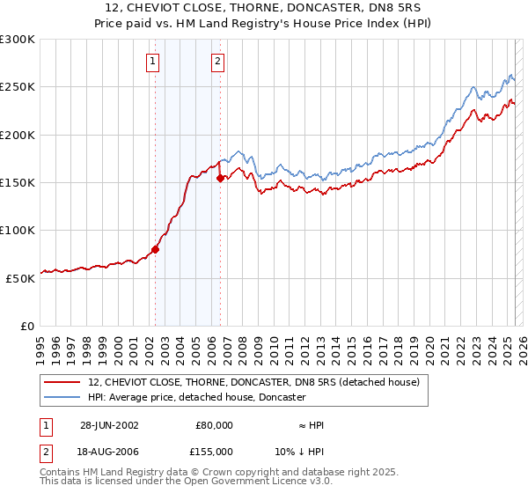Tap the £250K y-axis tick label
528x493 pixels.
coord(18,87)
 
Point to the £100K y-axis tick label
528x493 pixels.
coord(18,230)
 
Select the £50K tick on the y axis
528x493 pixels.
coord(21,277)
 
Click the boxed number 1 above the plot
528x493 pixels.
coord(153,62)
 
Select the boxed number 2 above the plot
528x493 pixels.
coord(216,62)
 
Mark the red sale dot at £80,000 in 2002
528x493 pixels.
coord(156,249)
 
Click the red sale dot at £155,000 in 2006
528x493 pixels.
coord(220,178)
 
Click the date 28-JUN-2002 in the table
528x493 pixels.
coord(109,424)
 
